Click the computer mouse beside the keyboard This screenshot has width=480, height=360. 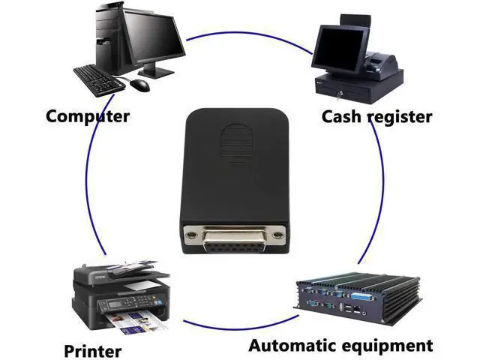140,85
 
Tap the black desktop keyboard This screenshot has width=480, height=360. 99,80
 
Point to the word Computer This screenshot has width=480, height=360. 88,117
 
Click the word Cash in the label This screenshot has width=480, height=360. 341,117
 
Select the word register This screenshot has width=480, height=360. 400,117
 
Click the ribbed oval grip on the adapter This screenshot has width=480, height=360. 237,143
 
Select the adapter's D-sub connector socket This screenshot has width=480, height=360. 235,239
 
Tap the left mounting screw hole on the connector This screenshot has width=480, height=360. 191,235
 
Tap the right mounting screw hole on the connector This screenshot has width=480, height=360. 277,235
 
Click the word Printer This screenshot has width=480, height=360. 92,351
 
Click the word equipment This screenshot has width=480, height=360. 387,346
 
